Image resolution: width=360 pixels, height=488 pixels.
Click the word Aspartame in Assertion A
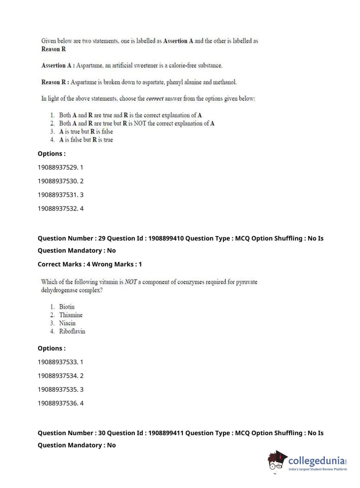point(89,65)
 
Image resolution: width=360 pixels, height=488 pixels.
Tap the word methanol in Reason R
point(225,82)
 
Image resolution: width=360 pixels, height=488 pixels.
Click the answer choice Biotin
point(67,307)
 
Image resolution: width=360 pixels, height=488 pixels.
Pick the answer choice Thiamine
point(71,315)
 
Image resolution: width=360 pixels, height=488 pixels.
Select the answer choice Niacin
point(67,323)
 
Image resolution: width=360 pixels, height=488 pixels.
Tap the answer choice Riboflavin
point(72,331)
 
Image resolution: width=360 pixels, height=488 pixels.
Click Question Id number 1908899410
point(166,238)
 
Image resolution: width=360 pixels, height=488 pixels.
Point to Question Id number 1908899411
point(166,433)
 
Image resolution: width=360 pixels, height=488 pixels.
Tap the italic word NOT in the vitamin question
point(131,282)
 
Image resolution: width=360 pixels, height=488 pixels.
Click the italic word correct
point(155,99)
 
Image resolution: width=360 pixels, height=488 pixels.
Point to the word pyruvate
point(247,282)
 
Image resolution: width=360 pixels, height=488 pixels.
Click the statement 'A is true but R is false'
point(86,132)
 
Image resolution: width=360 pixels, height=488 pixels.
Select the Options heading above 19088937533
point(52,348)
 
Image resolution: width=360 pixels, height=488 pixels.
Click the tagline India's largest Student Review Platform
point(318,469)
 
